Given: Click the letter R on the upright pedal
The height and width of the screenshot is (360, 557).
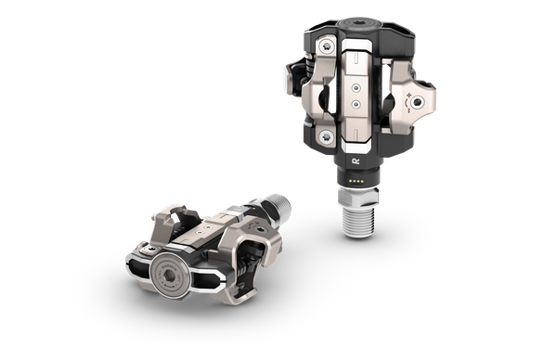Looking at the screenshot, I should point(356,160).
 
